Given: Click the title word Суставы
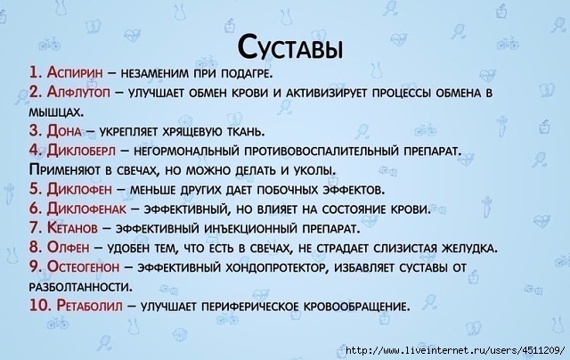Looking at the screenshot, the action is (290, 47).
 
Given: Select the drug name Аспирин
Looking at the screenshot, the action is (75, 72).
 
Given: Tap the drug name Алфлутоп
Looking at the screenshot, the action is (78, 93).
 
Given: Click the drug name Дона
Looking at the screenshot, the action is (64, 131).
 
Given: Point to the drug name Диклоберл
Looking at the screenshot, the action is (81, 151).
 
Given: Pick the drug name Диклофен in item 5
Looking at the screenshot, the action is (79, 189).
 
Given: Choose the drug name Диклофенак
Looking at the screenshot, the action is (86, 209).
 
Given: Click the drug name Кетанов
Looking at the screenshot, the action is (72, 228).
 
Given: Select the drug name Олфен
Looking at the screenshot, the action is (68, 248).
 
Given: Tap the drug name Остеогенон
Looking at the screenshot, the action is (83, 267).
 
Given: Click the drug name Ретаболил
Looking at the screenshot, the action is (89, 306).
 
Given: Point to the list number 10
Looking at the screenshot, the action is (40, 306).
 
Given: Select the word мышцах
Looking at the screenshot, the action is (56, 112).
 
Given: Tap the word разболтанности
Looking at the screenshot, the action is (81, 287).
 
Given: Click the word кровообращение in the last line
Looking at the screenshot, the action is (356, 307).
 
